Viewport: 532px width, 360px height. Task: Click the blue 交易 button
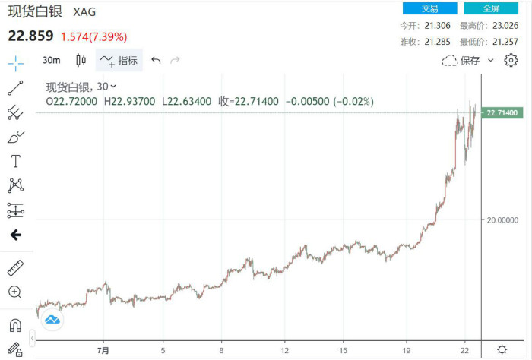429,8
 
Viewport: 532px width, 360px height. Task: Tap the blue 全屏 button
491,8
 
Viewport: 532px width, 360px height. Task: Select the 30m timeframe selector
52,61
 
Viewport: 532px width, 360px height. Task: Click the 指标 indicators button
119,61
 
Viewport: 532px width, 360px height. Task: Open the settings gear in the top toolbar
511,60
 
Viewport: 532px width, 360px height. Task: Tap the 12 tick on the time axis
283,351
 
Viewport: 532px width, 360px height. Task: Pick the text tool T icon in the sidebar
15,161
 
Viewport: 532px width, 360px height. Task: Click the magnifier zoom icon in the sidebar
15,292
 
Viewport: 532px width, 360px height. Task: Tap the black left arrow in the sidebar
15,235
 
